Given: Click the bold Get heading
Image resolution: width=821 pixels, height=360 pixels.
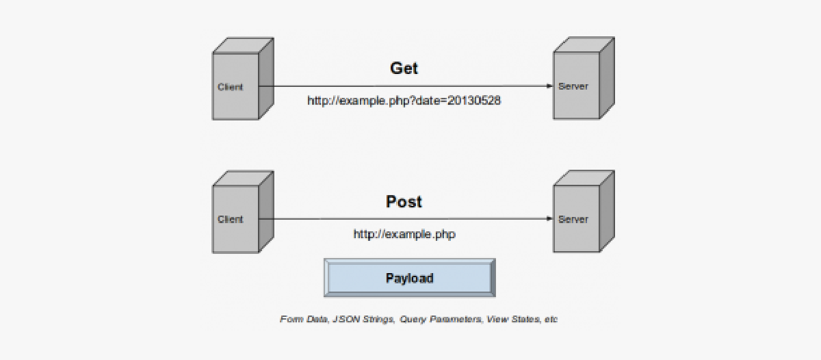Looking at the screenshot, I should [x=404, y=68].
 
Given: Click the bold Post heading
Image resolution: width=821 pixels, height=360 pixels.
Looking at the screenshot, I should [x=404, y=202].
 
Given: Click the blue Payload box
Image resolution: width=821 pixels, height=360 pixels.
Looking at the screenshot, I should [x=409, y=278].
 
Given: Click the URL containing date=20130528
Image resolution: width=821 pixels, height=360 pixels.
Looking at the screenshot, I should [x=404, y=101].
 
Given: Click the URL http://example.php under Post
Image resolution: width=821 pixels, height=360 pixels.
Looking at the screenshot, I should [x=404, y=234].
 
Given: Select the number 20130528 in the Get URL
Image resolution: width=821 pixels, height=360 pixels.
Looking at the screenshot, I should [x=474, y=101].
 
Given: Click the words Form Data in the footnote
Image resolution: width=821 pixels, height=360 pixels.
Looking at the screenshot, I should [x=302, y=320].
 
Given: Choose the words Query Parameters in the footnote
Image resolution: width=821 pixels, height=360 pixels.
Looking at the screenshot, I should [x=440, y=320].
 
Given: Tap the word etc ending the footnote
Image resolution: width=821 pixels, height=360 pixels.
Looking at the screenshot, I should [x=551, y=320].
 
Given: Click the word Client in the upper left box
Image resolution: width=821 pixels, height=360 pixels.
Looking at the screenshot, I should [x=230, y=87].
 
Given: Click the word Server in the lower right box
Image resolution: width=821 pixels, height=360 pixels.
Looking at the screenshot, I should [x=573, y=219].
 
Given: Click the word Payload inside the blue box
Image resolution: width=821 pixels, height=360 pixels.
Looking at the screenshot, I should [x=409, y=278].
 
